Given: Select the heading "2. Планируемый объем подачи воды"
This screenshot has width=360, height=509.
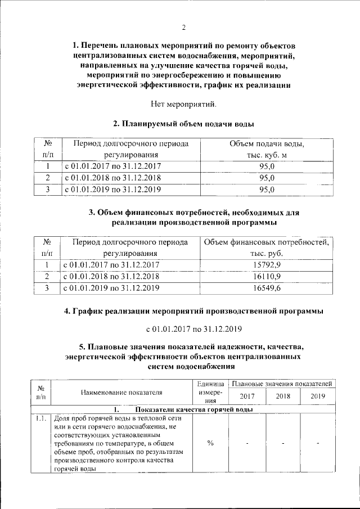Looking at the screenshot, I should tap(183, 124).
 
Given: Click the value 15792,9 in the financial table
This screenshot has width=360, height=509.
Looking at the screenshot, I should tap(267, 264).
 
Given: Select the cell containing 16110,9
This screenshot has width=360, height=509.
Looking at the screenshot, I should tap(267, 276).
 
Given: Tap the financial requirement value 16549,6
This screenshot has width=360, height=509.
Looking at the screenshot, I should tap(267, 289).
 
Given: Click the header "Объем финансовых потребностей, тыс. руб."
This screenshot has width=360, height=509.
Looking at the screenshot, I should tap(267, 248).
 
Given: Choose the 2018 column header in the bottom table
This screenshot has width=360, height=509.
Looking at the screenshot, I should tap(283, 396).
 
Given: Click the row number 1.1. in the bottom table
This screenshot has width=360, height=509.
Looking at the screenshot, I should tap(41, 419).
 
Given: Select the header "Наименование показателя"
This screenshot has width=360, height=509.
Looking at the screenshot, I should tap(121, 392).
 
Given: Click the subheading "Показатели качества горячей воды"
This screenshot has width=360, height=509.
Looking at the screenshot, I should tap(193, 409).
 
